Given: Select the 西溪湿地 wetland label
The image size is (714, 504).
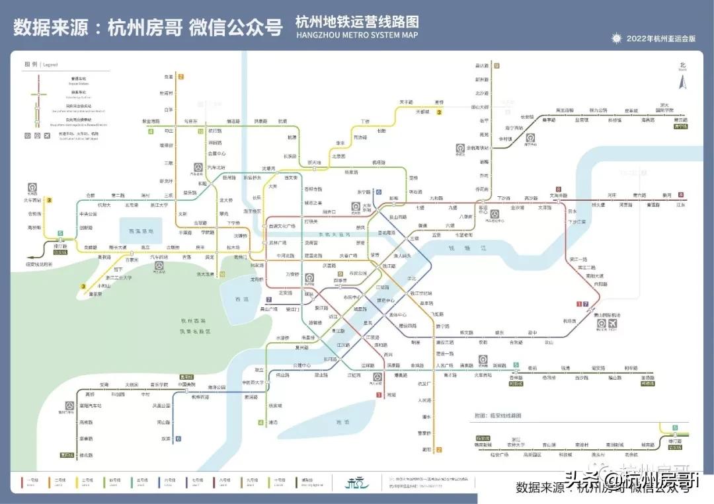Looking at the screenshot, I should (x=140, y=231).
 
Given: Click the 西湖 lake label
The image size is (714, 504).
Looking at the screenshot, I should (x=241, y=299).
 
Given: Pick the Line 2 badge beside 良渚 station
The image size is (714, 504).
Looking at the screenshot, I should (x=180, y=77).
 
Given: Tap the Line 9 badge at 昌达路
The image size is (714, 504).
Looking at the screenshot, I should (x=496, y=65).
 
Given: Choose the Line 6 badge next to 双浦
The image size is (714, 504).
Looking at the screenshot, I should (x=178, y=439).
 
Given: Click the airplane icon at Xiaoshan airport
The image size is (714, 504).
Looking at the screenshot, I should (x=612, y=324).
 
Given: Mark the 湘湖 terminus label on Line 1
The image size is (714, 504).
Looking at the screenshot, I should (x=391, y=395).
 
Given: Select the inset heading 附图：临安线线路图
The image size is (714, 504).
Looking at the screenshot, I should (x=498, y=416).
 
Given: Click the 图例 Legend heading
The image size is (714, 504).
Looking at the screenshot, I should (x=41, y=65).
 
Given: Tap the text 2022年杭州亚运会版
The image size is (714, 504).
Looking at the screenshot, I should (x=661, y=39).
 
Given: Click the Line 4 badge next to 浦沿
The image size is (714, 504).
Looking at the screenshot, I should (x=260, y=422).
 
